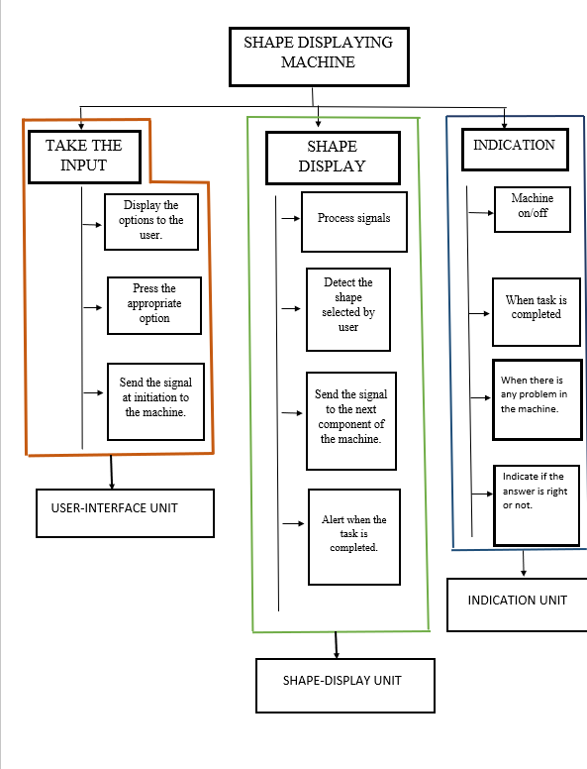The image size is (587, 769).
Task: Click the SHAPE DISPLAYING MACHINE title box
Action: click(319, 56)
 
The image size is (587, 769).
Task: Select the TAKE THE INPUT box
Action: click(85, 157)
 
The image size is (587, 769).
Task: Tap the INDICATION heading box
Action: click(515, 150)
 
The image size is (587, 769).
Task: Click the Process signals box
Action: click(354, 222)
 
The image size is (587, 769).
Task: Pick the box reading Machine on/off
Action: click(533, 209)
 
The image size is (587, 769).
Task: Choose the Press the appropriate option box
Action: click(154, 305)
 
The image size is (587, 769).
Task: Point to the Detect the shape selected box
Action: click(348, 309)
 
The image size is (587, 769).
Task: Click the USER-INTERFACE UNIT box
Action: click(125, 513)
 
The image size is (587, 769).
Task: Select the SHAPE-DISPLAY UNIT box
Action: click(345, 686)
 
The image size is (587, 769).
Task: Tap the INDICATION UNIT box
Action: click(517, 604)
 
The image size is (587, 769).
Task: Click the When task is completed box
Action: click(537, 312)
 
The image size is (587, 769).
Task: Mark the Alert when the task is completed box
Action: click(354, 536)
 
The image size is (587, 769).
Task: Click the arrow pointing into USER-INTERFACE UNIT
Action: click(111, 472)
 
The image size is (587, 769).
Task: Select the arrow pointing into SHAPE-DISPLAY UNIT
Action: click(337, 645)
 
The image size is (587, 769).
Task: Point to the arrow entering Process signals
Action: click(291, 218)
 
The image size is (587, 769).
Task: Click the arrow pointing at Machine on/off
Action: click(481, 213)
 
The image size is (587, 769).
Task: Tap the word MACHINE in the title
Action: click(318, 62)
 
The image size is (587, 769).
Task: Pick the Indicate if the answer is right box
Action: click(537, 505)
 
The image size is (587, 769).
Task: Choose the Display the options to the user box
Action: click(151, 222)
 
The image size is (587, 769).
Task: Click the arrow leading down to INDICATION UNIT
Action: click(524, 564)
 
